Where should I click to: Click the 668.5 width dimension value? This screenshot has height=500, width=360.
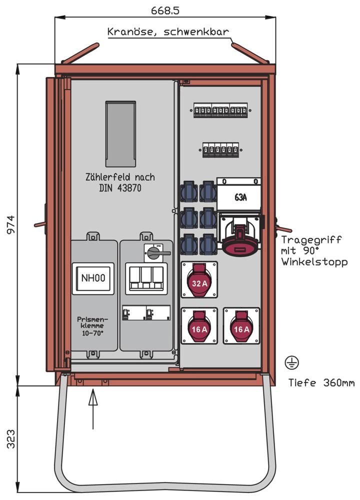click(x=165, y=9)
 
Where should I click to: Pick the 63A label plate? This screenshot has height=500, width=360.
click(x=240, y=197)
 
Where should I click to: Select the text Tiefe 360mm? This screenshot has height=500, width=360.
click(x=321, y=383)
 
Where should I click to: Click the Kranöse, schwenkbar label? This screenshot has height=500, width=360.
click(x=168, y=32)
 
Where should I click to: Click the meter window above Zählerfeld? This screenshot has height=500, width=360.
click(x=120, y=134)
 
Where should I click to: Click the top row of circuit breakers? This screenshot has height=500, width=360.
click(x=220, y=111)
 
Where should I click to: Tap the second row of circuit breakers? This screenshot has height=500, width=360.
click(x=220, y=149)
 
